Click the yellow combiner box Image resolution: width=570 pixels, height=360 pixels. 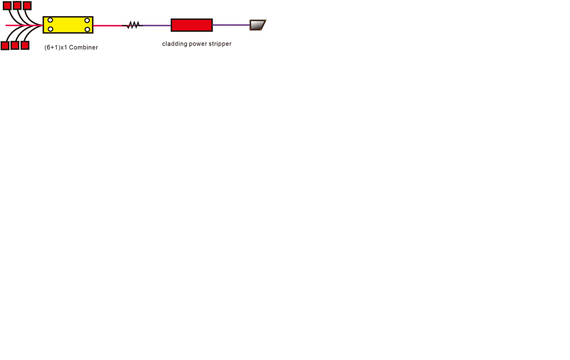tap(68, 25)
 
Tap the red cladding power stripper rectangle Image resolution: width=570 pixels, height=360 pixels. tap(192, 25)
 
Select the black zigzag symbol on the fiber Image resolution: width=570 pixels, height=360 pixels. tap(132, 25)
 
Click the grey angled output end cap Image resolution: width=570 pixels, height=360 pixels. tap(258, 25)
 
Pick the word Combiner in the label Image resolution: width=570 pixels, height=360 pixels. tap(83, 47)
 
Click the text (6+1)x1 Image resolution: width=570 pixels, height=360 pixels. tap(56, 47)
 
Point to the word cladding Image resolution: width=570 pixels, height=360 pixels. tap(175, 44)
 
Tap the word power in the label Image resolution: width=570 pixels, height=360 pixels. tap(198, 44)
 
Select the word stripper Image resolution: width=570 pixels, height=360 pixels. tap(220, 44)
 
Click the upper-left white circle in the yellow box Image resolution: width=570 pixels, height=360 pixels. tap(50, 20)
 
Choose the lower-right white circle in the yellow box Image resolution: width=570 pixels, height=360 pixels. tap(87, 29)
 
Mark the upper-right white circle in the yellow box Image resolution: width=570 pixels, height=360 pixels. tap(87, 20)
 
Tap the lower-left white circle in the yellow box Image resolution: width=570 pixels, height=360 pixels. tap(50, 29)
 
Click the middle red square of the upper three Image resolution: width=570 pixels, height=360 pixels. tap(17, 5)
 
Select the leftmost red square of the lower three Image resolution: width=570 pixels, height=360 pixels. tap(5, 46)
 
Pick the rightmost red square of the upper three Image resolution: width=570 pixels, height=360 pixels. tap(27, 5)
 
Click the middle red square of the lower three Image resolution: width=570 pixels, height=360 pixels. tap(15, 45)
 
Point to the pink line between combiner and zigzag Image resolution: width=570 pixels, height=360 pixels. tap(108, 26)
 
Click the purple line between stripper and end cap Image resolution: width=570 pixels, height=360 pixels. tap(231, 25)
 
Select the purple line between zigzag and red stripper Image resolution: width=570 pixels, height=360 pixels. tap(157, 26)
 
